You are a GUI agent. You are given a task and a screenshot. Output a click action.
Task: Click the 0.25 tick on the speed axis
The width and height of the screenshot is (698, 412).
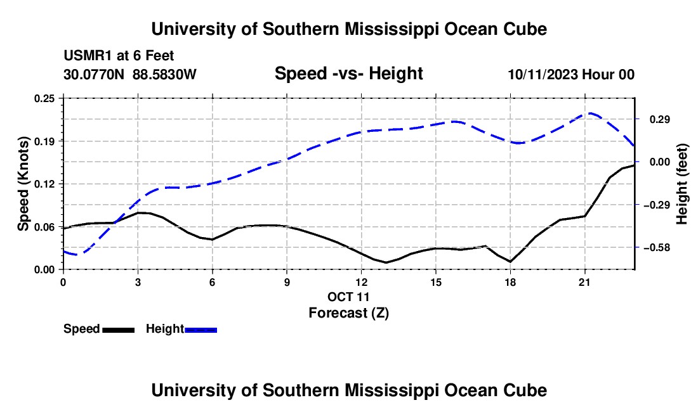[x=44, y=98]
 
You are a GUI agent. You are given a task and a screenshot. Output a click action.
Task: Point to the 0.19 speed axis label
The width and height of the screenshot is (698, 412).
[x=44, y=141]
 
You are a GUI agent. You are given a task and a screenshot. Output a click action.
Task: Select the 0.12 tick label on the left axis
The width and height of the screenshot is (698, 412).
[x=44, y=184]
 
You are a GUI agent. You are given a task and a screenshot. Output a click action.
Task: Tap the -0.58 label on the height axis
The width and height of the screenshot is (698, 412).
[x=656, y=248]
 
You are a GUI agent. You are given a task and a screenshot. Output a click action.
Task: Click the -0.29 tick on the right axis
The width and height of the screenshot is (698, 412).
[x=656, y=205]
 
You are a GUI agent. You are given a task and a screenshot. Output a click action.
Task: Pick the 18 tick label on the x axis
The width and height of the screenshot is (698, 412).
[x=510, y=282]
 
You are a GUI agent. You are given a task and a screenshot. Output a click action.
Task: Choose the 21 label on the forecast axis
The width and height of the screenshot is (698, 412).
[x=584, y=282]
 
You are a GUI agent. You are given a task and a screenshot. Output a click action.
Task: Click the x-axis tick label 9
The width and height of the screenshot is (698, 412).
[x=287, y=282]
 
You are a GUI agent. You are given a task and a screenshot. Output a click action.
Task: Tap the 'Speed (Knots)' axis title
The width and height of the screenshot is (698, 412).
[x=23, y=184]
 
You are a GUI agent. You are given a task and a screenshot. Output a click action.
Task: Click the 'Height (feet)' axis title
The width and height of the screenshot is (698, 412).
[x=682, y=184]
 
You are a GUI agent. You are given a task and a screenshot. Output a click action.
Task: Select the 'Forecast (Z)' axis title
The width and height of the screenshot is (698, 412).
[x=348, y=313]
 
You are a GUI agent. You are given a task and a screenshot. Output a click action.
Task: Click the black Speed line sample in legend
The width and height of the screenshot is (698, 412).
[x=119, y=330]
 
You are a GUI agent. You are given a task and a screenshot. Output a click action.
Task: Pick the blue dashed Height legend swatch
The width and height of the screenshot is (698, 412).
[x=201, y=330]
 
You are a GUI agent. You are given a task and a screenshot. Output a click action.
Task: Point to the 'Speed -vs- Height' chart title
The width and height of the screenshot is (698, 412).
[x=348, y=74]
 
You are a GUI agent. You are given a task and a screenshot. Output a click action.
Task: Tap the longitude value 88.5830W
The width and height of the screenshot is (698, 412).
[x=164, y=74]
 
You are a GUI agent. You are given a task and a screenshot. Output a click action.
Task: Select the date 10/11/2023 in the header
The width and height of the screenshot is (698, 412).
[x=542, y=74]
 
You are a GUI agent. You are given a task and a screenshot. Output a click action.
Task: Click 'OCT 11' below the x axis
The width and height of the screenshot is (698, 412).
[x=348, y=297]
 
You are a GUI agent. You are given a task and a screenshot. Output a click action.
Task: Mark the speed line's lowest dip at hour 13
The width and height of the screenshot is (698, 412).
[x=386, y=262]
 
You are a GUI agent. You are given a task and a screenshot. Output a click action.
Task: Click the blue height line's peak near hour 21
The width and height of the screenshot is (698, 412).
[x=590, y=113]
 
